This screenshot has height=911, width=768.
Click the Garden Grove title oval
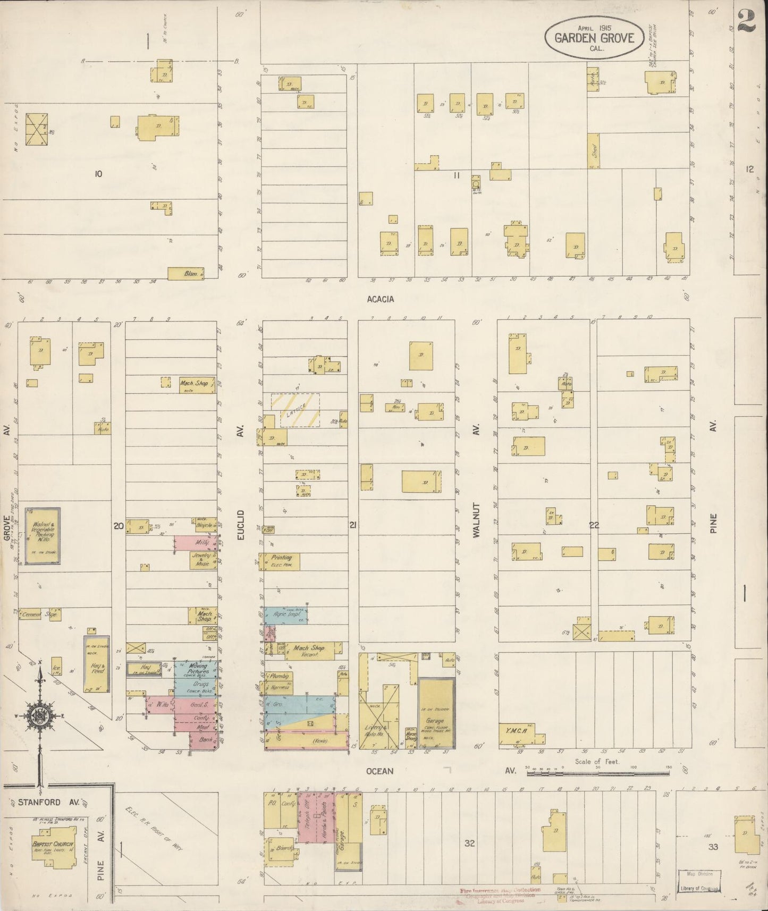coord(594,37)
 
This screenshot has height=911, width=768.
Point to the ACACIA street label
coord(381,299)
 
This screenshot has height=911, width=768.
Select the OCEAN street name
coord(379,771)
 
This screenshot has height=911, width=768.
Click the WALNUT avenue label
coord(476,520)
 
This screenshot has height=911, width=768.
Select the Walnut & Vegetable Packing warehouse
coord(43,535)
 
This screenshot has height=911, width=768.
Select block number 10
coord(98,174)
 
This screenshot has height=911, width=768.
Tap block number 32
coord(469,843)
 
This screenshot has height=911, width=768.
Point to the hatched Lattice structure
coord(296,409)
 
